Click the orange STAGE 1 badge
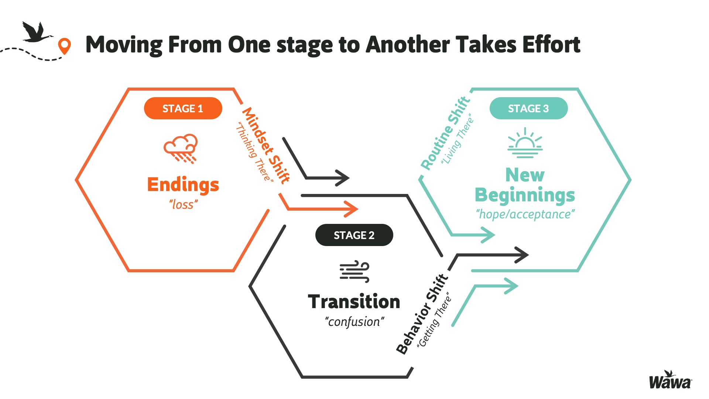point(183,108)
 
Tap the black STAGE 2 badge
point(354,235)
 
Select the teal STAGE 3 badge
point(528,108)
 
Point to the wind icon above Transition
point(354,272)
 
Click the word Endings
point(183,185)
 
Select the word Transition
point(354,301)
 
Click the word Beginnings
point(525,195)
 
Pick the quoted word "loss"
point(183,204)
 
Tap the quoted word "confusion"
point(354,322)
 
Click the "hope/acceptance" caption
point(525,214)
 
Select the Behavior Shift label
point(422,314)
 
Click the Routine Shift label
point(445,133)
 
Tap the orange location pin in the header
point(65,46)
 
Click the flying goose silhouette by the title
point(37,32)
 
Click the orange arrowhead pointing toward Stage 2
point(351,209)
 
